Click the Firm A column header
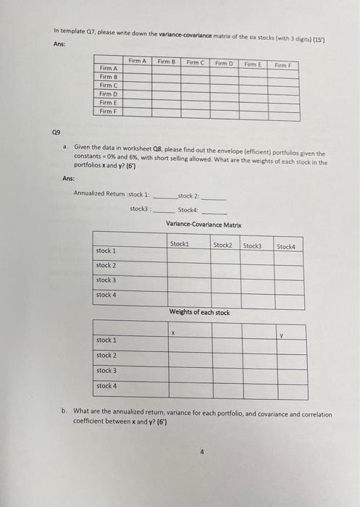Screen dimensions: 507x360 (x=138, y=62)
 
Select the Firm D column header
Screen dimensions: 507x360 (x=225, y=62)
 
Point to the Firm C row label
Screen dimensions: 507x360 (x=108, y=85)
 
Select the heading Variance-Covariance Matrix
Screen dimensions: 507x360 (x=204, y=225)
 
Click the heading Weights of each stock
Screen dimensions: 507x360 (x=199, y=312)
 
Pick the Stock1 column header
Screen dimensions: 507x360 (x=179, y=245)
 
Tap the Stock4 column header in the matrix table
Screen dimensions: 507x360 (x=288, y=246)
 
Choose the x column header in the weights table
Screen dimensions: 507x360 (x=172, y=332)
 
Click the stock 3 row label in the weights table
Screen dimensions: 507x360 (x=107, y=370)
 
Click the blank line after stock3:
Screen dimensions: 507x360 (x=164, y=209)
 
